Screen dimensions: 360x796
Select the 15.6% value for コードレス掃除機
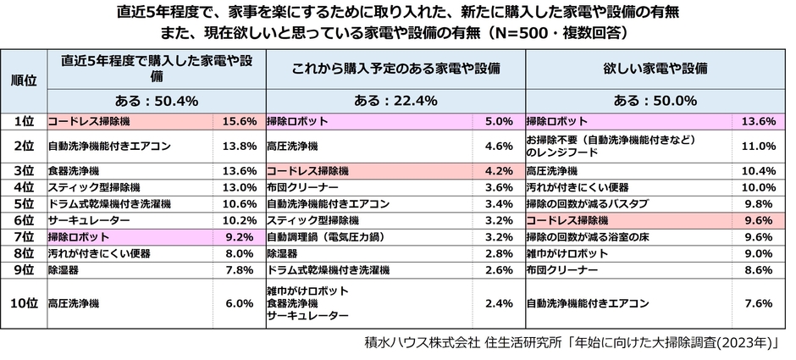tap(238, 122)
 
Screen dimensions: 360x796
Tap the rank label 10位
tap(23, 302)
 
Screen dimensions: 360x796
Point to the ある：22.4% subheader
tap(395, 101)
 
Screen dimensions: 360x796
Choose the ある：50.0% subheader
tap(655, 101)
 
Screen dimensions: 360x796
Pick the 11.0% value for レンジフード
tap(758, 146)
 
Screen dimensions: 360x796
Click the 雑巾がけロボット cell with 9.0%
tap(567, 253)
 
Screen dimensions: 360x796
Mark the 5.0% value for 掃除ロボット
tap(500, 122)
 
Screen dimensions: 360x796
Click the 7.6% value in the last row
tap(758, 302)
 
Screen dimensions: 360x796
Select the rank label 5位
tap(23, 204)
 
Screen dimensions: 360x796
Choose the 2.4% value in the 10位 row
tap(500, 302)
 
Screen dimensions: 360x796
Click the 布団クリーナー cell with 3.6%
tap(302, 187)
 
